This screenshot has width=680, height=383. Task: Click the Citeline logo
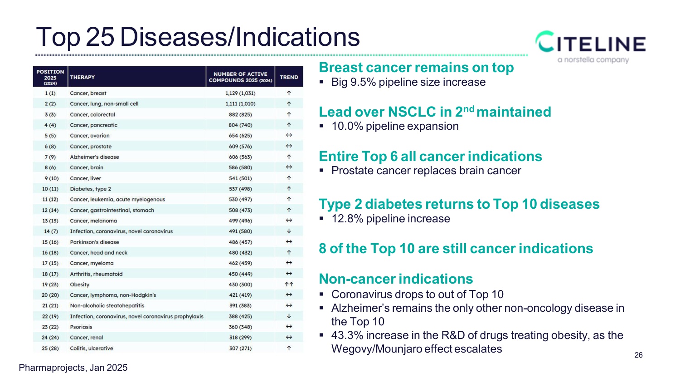(591, 46)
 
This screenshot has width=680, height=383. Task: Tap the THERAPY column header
(83, 77)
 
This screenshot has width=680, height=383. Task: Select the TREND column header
(289, 77)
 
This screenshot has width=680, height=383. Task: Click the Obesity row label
(80, 285)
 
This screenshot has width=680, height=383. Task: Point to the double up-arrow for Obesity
(289, 285)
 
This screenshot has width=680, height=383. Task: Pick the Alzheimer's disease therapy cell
(94, 157)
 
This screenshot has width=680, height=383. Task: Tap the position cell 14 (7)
(50, 231)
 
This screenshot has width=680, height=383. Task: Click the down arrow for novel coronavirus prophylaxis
(289, 316)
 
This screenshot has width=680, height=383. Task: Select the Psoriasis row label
(81, 327)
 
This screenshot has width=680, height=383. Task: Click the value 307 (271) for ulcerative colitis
(240, 349)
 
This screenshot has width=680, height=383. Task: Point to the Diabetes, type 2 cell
(90, 189)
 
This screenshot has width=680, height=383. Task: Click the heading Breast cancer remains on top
(416, 68)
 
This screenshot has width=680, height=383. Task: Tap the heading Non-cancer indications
(396, 279)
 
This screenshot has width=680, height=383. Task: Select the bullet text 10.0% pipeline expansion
(395, 126)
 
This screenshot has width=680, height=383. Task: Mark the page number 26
(638, 355)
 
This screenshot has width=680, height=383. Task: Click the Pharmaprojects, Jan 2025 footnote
(73, 368)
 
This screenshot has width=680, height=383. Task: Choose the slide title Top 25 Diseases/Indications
(198, 37)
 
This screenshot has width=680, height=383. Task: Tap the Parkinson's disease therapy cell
(94, 242)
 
